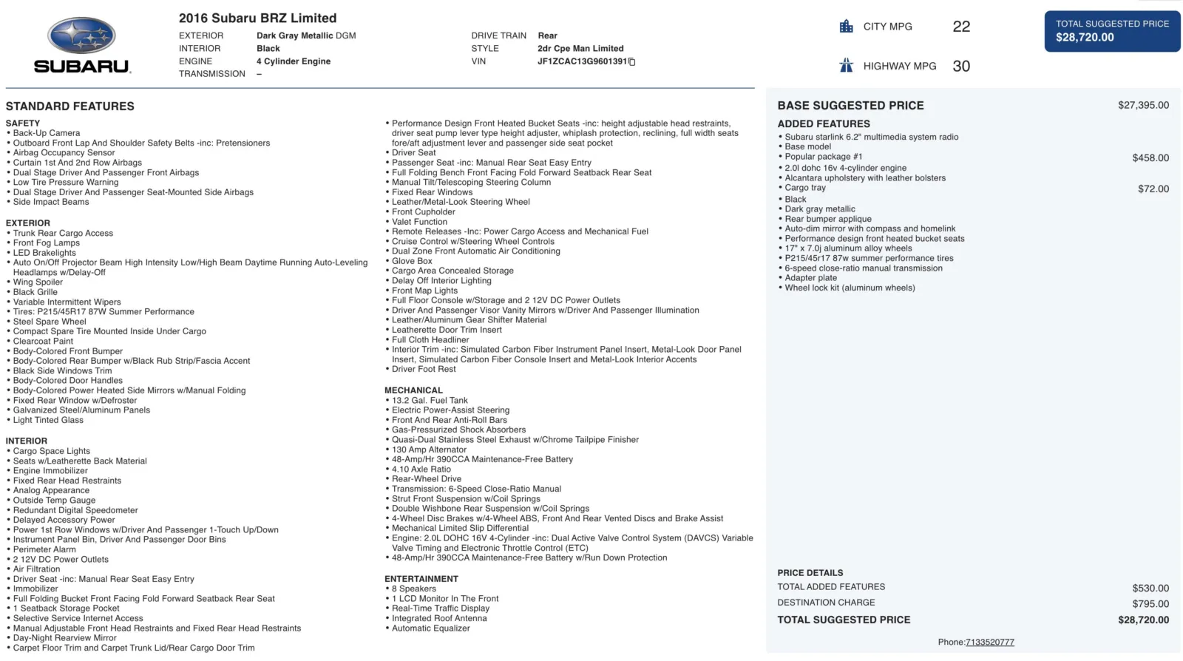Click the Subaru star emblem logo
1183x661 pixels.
pyautogui.click(x=81, y=35)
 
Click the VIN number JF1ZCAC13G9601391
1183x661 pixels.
pyautogui.click(x=582, y=61)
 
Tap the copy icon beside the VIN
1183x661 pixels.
pyautogui.click(x=632, y=62)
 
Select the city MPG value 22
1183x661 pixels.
pyautogui.click(x=961, y=27)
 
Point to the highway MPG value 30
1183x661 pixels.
pyautogui.click(x=961, y=67)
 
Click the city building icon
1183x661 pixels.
pyautogui.click(x=847, y=27)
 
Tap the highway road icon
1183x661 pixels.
pyautogui.click(x=847, y=66)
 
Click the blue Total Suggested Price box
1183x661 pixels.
pyautogui.click(x=1111, y=31)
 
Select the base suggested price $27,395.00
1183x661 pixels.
pyautogui.click(x=1143, y=105)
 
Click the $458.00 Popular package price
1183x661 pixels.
pyautogui.click(x=1150, y=158)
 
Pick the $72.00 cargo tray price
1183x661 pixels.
pyautogui.click(x=1153, y=189)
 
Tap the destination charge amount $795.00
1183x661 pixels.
pyautogui.click(x=1150, y=604)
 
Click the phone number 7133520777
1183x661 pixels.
pyautogui.click(x=989, y=643)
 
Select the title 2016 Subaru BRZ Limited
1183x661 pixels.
pyautogui.click(x=257, y=18)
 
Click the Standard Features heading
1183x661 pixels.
pyautogui.click(x=70, y=106)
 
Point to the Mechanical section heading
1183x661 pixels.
pyautogui.click(x=413, y=390)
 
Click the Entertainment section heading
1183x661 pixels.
pyautogui.click(x=421, y=579)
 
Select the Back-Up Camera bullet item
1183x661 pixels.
pyautogui.click(x=47, y=134)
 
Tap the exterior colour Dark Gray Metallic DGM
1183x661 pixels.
pyautogui.click(x=306, y=35)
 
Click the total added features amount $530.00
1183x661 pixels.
pyautogui.click(x=1150, y=589)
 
